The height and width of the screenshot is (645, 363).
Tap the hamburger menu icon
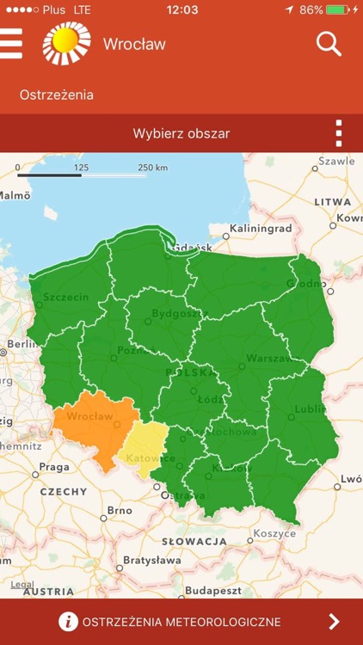point(11,44)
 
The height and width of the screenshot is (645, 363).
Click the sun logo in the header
point(67,44)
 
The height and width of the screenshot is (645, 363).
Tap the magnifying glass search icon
point(329,44)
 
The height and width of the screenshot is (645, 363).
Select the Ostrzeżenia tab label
point(57,95)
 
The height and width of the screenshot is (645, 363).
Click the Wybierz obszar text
point(181,133)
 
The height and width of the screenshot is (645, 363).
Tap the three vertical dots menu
point(339,133)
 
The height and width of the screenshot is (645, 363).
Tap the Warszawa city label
point(269,358)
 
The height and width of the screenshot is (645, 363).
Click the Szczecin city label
point(65,298)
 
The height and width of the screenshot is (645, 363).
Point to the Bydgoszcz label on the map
point(174,314)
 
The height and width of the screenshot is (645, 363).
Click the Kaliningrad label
point(263,229)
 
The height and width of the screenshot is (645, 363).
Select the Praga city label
point(53,467)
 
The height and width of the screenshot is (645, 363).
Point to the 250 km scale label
point(152,167)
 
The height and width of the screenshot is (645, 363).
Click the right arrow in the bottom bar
point(335,622)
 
